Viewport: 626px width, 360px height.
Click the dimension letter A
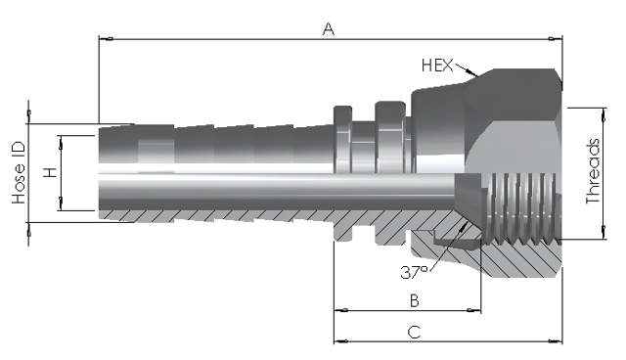tap(329, 28)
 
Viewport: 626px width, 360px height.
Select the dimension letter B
tap(415, 300)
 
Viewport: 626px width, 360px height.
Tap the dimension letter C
tap(415, 332)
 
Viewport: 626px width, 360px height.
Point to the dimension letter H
tap(51, 172)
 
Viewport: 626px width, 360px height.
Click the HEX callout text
tap(437, 66)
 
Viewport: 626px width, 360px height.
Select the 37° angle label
tap(414, 273)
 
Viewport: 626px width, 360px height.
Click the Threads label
tap(593, 171)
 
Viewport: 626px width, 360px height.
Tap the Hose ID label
tap(19, 173)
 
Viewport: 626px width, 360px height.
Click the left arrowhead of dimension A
tap(107, 39)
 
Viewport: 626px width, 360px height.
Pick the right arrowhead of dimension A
tap(555, 39)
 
